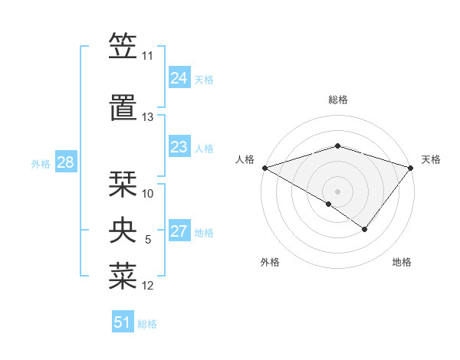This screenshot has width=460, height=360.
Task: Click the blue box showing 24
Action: tap(179, 78)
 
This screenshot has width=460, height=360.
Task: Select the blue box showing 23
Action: tap(179, 147)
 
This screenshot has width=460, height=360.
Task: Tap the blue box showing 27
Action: tap(179, 231)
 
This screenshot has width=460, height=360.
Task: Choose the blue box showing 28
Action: tap(66, 162)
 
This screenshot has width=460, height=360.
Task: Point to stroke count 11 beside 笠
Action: tap(148, 56)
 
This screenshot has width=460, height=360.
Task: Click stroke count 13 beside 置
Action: tap(148, 117)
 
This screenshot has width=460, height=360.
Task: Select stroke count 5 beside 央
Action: tap(148, 240)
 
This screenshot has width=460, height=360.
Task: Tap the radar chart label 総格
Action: tap(338, 100)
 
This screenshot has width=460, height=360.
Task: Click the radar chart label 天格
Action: tap(432, 159)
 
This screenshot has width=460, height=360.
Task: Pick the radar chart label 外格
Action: tap(270, 263)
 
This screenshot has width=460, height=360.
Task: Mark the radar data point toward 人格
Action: tap(264, 168)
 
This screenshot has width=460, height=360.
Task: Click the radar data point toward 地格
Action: tap(365, 229)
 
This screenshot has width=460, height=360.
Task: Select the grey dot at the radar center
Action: tap(337, 191)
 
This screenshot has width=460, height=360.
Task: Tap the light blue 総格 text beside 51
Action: tap(147, 324)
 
